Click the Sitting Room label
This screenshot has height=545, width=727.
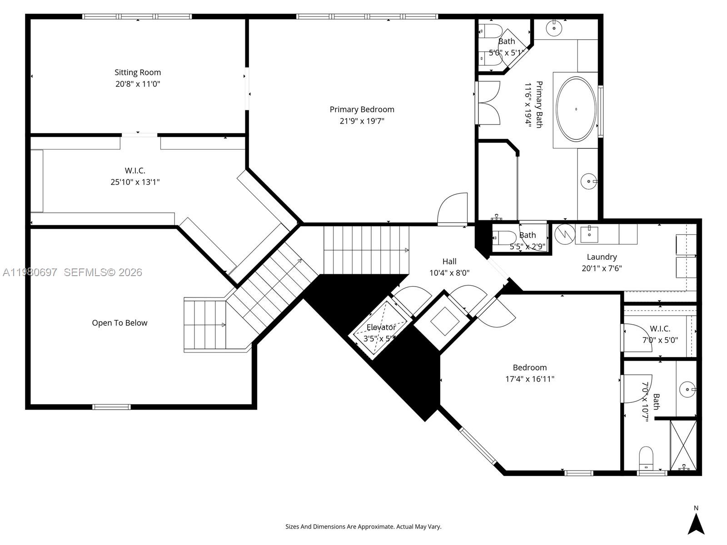tap(138, 72)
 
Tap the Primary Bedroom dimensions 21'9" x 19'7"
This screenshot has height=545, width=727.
tap(362, 121)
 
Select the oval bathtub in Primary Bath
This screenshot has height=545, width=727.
tap(576, 109)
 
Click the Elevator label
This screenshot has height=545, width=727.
tap(381, 327)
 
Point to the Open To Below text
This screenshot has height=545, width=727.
tap(120, 323)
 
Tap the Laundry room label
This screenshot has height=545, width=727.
tap(602, 257)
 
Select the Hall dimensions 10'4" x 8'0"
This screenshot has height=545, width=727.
tap(449, 273)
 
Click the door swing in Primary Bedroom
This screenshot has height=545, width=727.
tap(453, 209)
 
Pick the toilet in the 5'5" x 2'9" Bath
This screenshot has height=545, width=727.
tap(503, 237)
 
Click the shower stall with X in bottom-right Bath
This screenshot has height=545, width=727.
tap(683, 445)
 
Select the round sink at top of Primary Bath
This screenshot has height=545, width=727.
tap(554, 28)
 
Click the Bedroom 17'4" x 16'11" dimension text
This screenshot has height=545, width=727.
tap(530, 379)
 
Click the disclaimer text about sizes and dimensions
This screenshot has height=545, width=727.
tap(363, 527)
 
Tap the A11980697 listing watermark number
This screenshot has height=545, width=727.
tap(30, 272)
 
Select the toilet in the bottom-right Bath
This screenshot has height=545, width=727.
tap(646, 458)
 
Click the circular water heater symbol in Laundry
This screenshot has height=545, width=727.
tap(565, 234)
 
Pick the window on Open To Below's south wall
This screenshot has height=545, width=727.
tap(111, 407)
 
